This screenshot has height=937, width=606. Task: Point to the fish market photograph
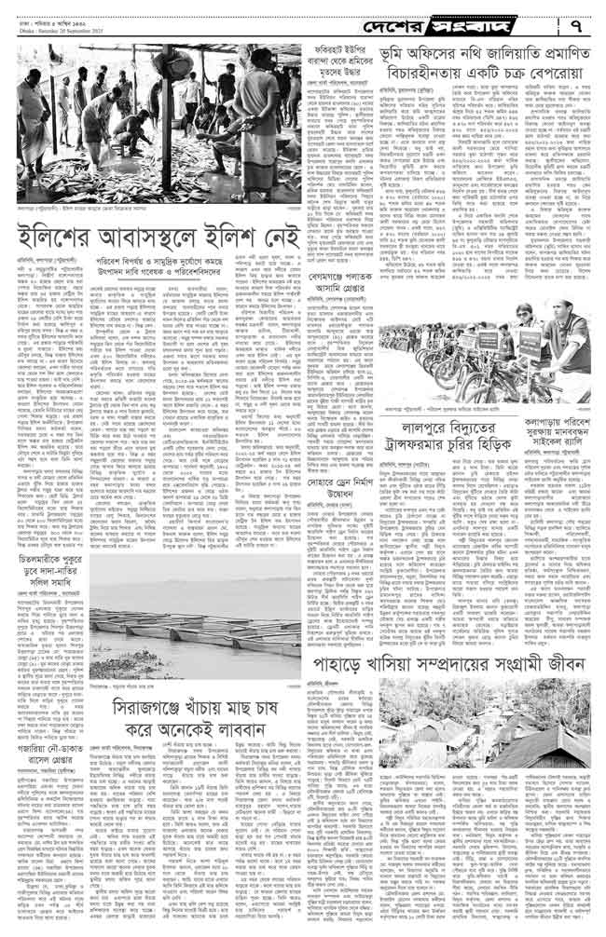point(160,130)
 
